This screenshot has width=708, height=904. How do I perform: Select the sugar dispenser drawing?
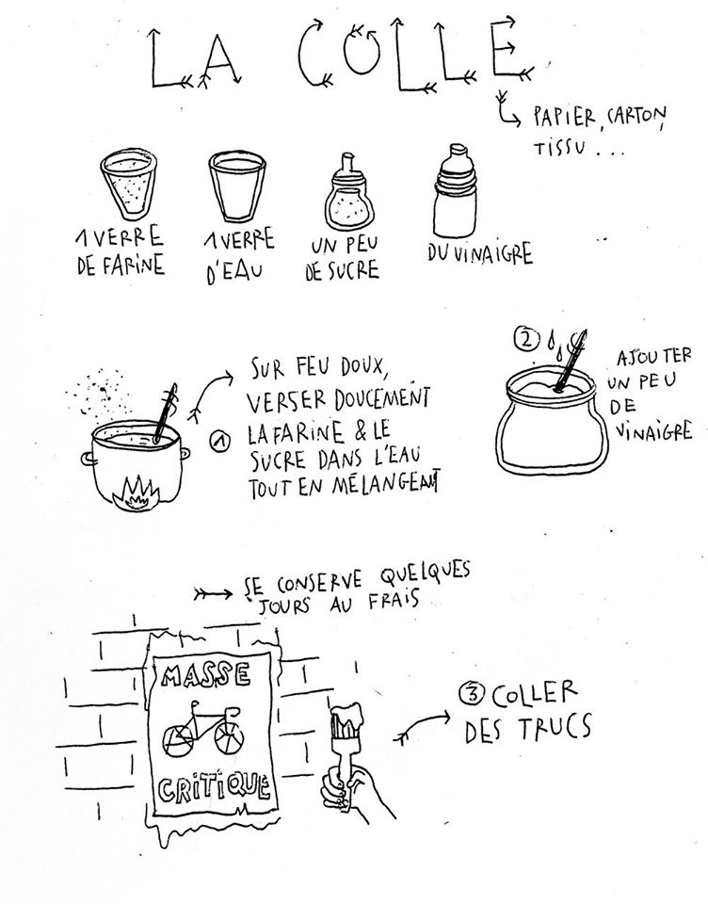[x=346, y=194]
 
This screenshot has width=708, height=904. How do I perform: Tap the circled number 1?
[x=219, y=443]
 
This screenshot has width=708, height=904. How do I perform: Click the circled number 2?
[x=525, y=340]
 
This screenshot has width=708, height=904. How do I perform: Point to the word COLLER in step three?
[x=535, y=693]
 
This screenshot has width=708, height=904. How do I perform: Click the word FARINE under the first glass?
[x=137, y=266]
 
